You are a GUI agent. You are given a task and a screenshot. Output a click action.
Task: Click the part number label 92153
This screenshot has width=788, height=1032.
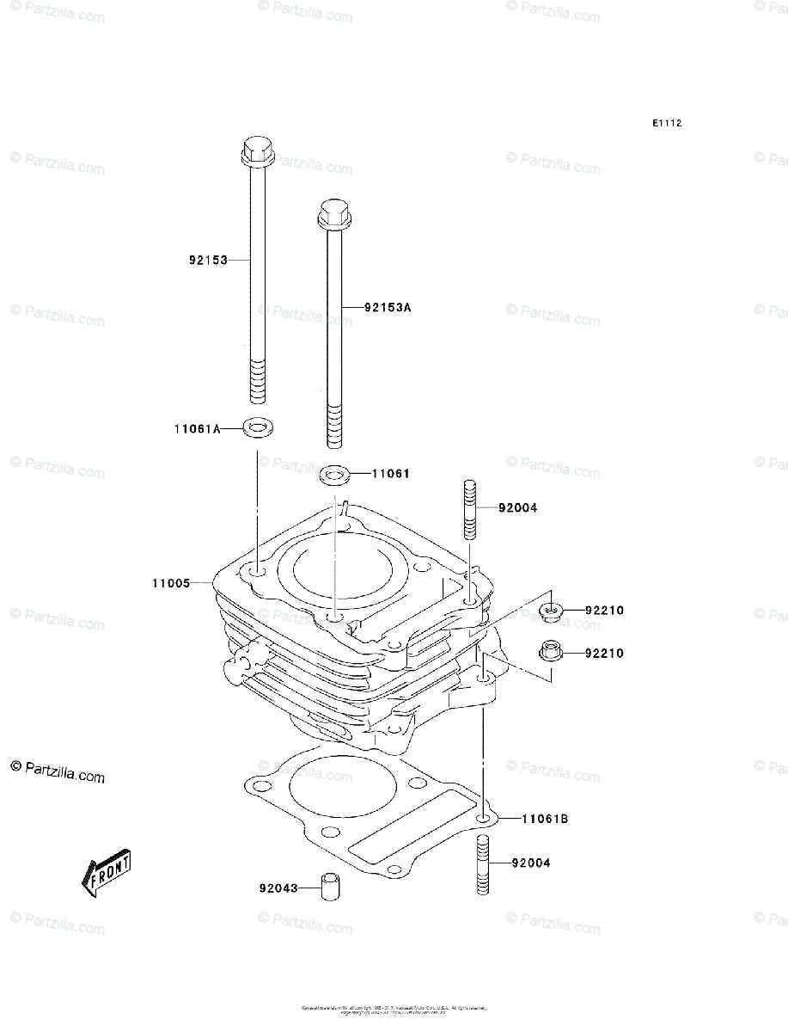click(x=208, y=260)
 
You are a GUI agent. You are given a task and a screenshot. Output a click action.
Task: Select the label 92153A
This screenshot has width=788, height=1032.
click(x=388, y=307)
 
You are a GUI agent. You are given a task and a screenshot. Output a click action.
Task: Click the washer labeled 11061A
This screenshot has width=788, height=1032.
click(x=255, y=427)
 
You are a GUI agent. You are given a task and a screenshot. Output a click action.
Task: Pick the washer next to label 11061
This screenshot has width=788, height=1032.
click(x=333, y=473)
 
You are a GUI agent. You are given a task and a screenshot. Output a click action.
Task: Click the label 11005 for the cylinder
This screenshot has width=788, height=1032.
click(x=171, y=583)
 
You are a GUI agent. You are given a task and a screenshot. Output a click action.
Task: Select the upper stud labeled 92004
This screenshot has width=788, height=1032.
click(x=470, y=508)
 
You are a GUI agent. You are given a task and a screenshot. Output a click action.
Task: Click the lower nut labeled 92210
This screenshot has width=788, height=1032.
click(x=550, y=652)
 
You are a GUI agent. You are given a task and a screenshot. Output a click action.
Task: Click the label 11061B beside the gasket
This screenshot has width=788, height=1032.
click(x=545, y=819)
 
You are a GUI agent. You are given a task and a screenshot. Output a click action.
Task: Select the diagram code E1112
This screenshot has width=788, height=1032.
click(x=666, y=124)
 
